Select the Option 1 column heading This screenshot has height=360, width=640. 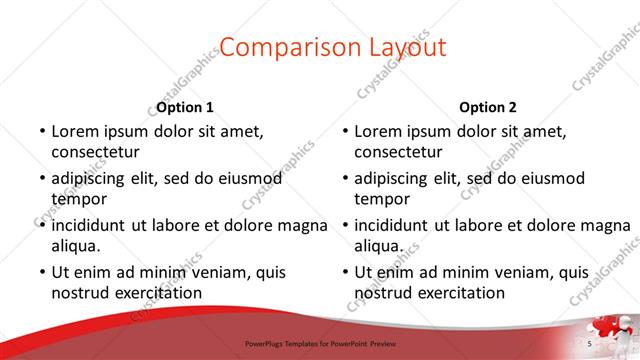(185, 107)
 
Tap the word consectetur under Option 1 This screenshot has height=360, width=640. (95, 152)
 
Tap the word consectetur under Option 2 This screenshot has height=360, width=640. (398, 152)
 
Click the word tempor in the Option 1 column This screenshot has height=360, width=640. (77, 199)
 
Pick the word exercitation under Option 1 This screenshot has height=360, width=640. (156, 293)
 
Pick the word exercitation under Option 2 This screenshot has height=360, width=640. (459, 293)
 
